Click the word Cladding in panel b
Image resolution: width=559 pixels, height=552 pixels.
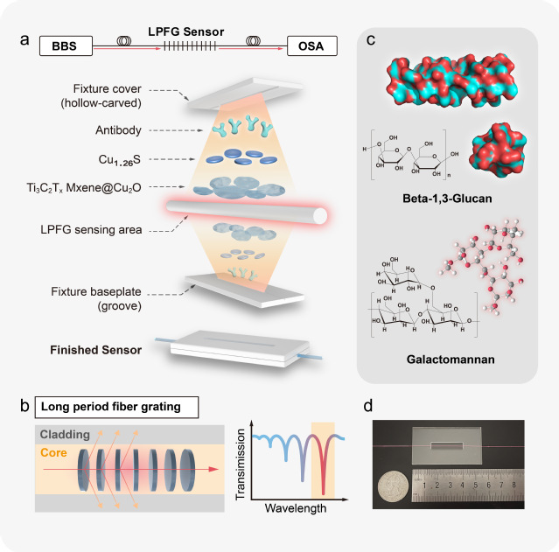pyautogui.click(x=68, y=434)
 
